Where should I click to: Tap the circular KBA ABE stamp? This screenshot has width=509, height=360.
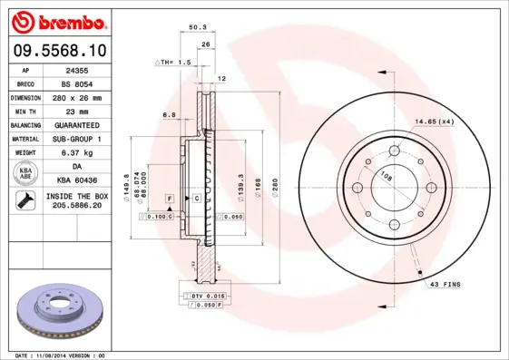[x=25, y=174]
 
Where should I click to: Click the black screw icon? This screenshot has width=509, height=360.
[x=24, y=202]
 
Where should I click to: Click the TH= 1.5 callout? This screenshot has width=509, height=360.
[x=174, y=63]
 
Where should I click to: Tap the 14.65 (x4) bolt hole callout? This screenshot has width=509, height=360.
[x=434, y=121]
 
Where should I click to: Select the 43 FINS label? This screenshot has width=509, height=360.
[x=443, y=284]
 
